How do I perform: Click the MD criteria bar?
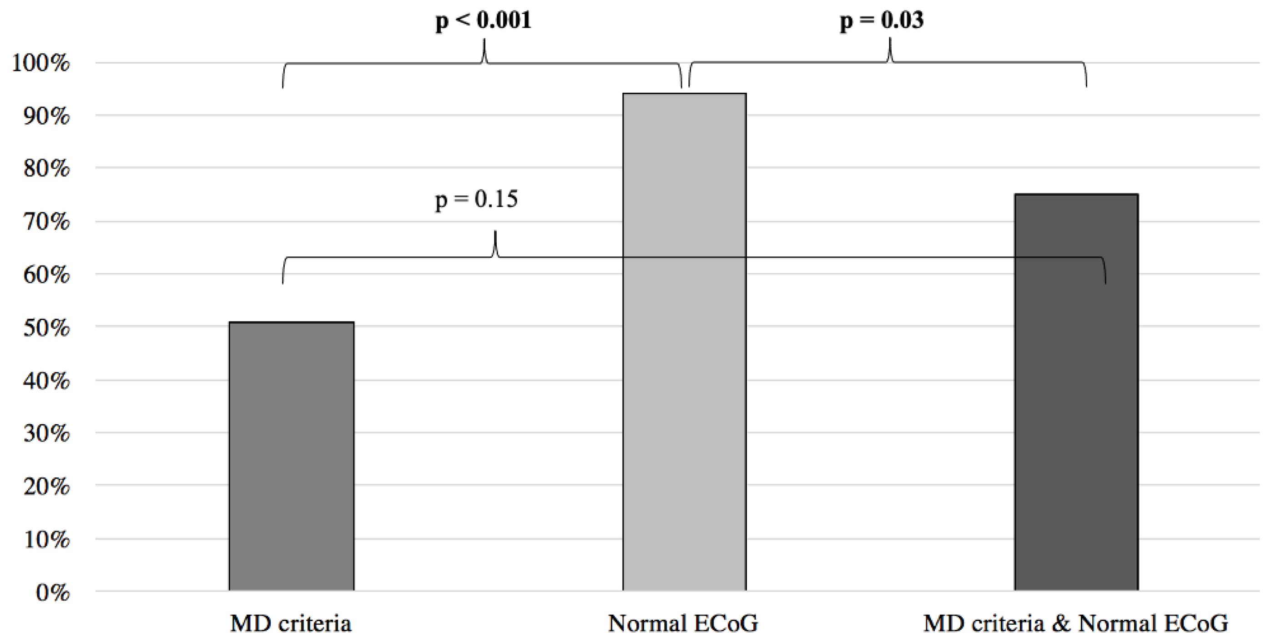pyautogui.click(x=291, y=456)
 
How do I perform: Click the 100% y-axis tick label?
pyautogui.click(x=41, y=64)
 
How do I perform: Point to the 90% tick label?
pyautogui.click(x=46, y=116)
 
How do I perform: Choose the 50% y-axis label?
pyautogui.click(x=46, y=328)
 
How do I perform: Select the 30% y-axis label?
pyautogui.click(x=46, y=434)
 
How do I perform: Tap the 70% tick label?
pyautogui.click(x=46, y=222)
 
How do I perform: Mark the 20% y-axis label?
pyautogui.click(x=46, y=487)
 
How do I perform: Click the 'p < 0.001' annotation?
pyautogui.click(x=483, y=21)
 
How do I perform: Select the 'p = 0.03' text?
pyautogui.click(x=881, y=21)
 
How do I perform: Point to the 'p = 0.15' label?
pyautogui.click(x=476, y=199)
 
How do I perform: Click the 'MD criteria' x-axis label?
pyautogui.click(x=291, y=624)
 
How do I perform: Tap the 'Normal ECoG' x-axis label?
pyautogui.click(x=683, y=624)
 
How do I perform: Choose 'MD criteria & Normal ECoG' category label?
pyautogui.click(x=1075, y=624)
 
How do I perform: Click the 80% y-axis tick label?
pyautogui.click(x=46, y=169)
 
